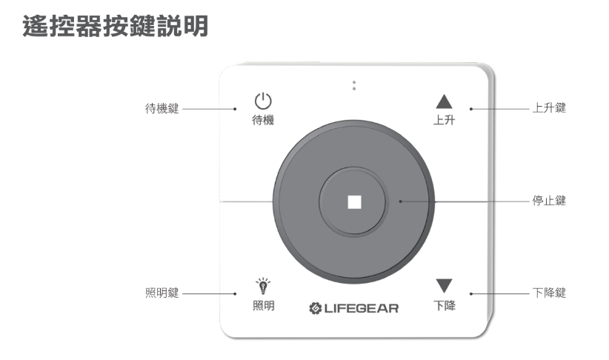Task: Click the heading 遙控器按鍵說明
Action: click(116, 27)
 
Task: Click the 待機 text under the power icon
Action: click(263, 120)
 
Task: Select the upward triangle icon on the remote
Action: click(444, 102)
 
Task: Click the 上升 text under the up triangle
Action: click(444, 120)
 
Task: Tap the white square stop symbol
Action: click(354, 201)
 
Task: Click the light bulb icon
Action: click(263, 284)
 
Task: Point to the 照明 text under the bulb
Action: click(263, 305)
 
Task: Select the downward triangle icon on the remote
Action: click(444, 286)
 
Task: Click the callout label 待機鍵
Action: click(162, 109)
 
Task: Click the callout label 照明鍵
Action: click(162, 293)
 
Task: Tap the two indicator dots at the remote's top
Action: click(354, 84)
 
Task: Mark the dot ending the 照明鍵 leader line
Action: click(236, 293)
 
